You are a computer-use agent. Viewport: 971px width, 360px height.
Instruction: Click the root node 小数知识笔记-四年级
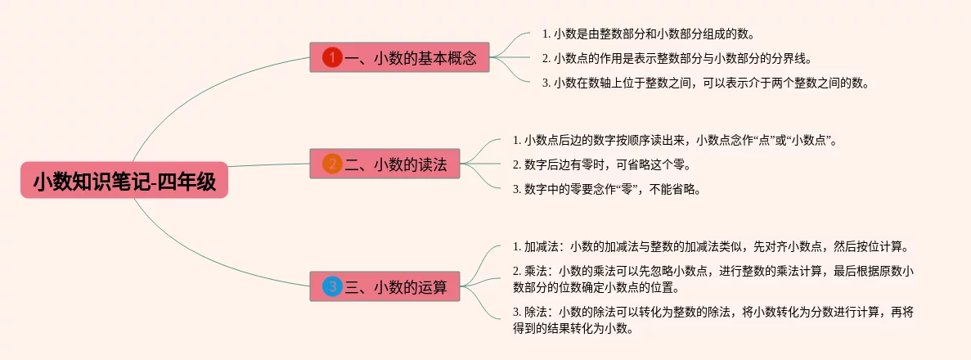(x=124, y=182)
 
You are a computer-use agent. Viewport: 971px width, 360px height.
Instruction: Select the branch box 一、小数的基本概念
(x=399, y=57)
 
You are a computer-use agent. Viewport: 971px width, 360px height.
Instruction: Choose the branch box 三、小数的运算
(x=384, y=286)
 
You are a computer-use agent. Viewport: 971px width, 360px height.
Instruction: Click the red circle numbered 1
(x=332, y=57)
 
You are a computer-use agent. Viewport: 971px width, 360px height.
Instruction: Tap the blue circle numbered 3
(x=332, y=286)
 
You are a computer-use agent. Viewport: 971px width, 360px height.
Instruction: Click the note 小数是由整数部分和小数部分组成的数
(x=648, y=34)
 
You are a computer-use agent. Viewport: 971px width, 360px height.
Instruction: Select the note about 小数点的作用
(x=677, y=58)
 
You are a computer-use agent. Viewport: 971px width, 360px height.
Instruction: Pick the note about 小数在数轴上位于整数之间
(x=704, y=83)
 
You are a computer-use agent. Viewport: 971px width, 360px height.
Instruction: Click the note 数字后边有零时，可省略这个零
(x=601, y=164)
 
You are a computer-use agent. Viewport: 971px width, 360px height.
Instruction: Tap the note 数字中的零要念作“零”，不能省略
(x=606, y=189)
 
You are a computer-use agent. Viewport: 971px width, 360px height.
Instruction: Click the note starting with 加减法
(x=710, y=246)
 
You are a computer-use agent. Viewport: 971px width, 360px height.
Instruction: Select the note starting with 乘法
(x=713, y=279)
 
